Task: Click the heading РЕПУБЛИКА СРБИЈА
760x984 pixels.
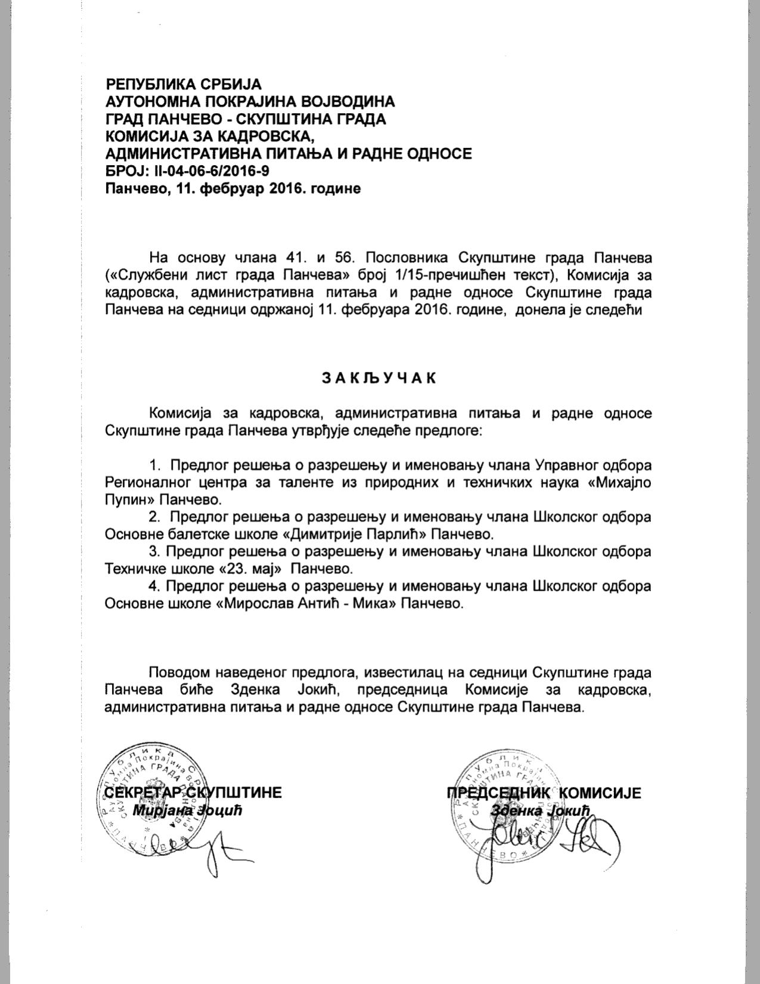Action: click(x=183, y=84)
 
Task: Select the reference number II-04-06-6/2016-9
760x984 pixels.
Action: click(x=213, y=172)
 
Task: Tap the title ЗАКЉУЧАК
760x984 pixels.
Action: click(x=379, y=378)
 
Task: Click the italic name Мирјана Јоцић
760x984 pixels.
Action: click(x=187, y=811)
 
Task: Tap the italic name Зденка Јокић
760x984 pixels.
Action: click(x=539, y=811)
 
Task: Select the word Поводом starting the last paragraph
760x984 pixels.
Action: click(x=180, y=673)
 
